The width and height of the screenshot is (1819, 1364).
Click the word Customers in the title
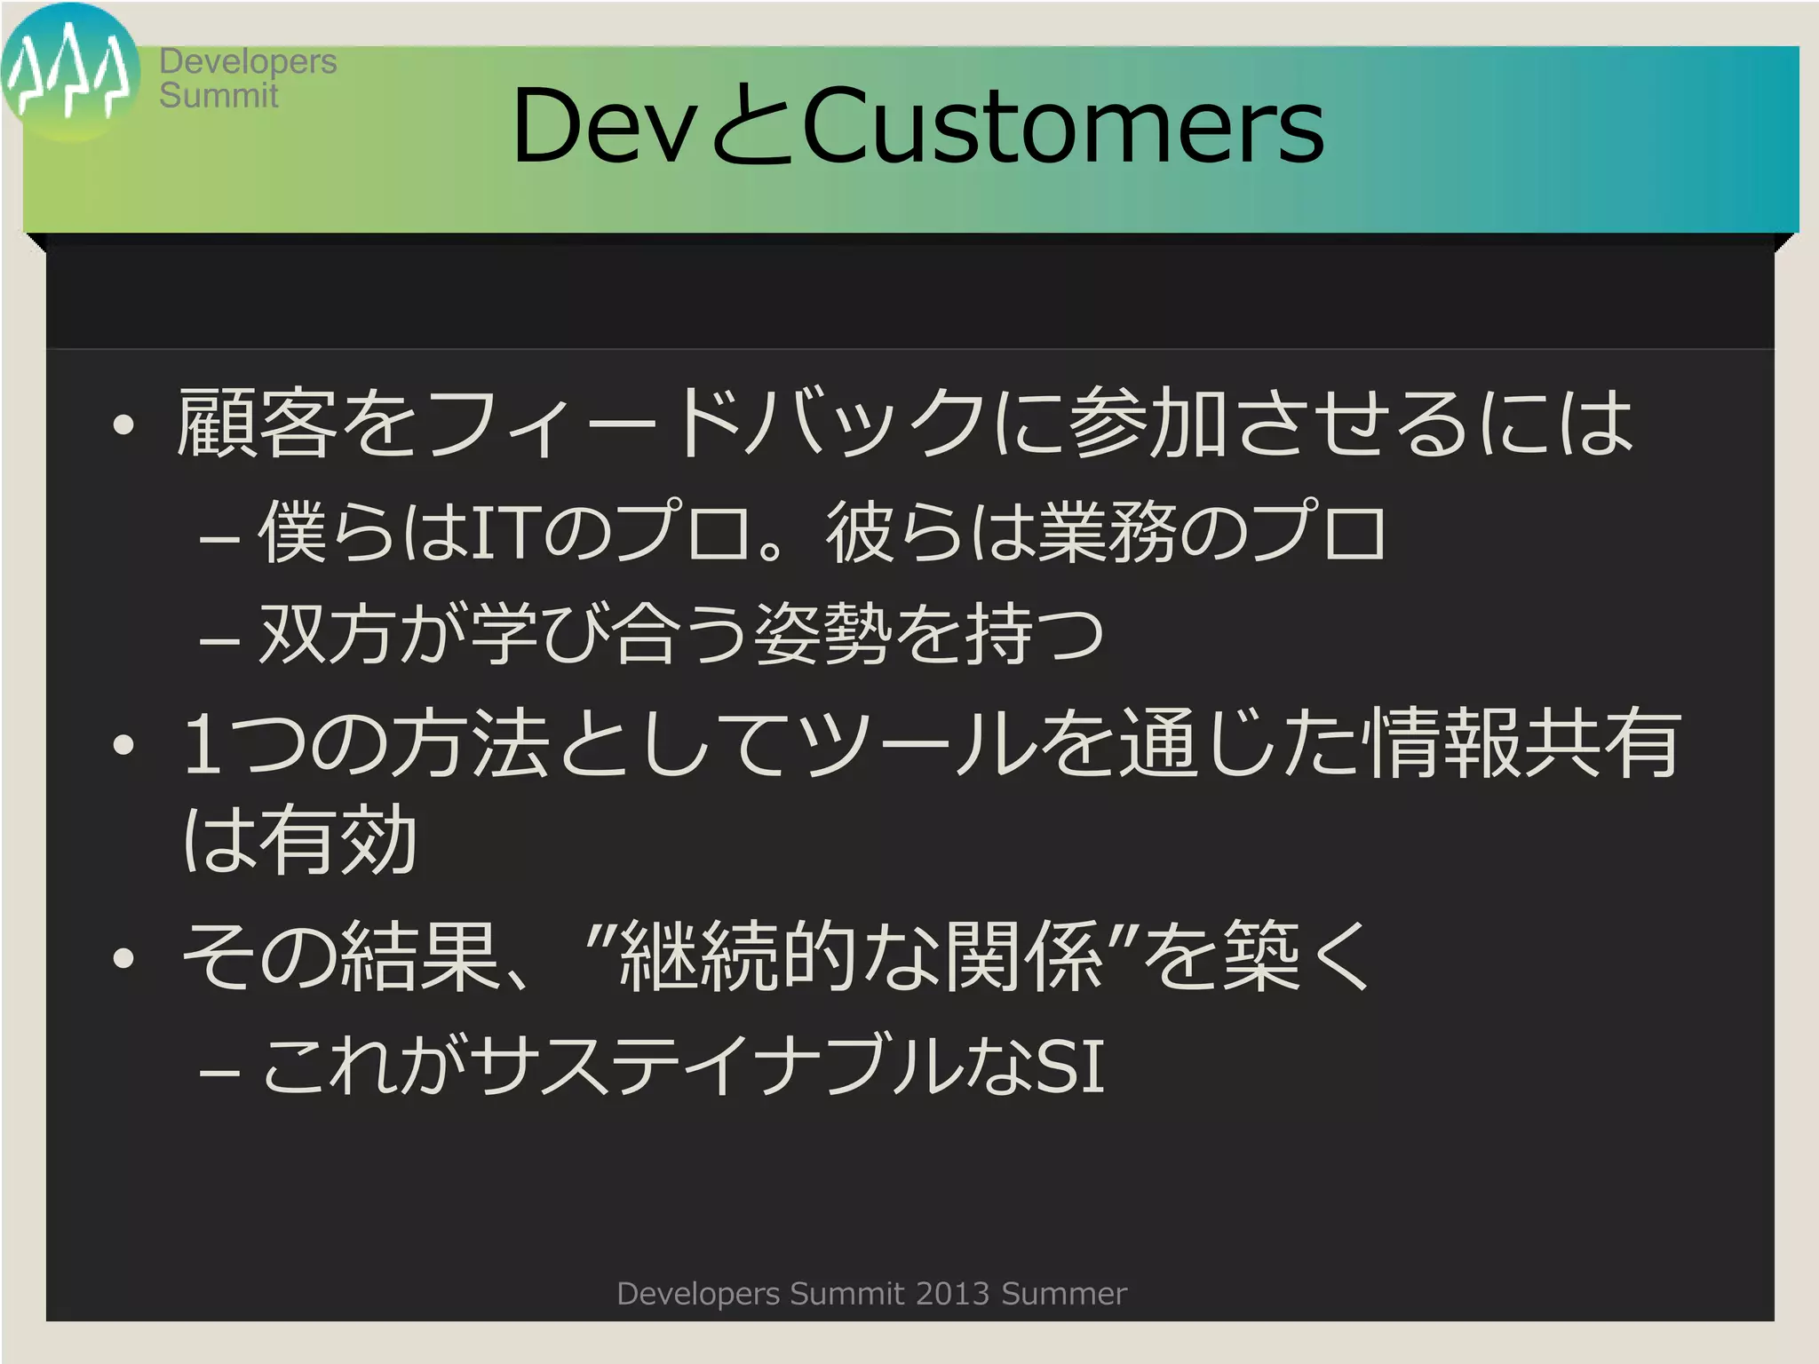1062,126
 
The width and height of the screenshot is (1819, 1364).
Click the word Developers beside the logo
248,61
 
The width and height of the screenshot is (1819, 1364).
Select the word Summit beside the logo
218,95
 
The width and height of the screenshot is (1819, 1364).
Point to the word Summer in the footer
1064,1294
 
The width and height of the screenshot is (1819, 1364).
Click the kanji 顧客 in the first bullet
258,424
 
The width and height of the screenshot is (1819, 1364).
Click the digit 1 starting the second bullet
203,744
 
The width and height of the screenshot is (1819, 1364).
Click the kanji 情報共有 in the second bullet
1524,744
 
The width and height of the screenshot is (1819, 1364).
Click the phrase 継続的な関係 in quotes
860,957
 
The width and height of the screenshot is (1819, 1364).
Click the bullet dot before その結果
123,959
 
